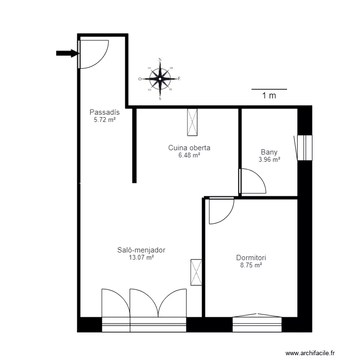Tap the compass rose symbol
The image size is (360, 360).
click(x=160, y=79)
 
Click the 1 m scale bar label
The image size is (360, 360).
click(x=269, y=96)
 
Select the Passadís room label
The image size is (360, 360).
click(x=104, y=112)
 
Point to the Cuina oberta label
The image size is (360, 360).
click(x=189, y=148)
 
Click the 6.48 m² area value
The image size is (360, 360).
click(x=189, y=155)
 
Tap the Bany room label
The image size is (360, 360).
click(x=269, y=153)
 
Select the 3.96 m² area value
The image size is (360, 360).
click(x=269, y=160)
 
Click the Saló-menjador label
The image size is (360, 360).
click(x=141, y=250)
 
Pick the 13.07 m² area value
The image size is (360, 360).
click(x=141, y=257)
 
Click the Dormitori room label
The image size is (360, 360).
click(x=251, y=257)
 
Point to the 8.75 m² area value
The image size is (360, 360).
click(x=251, y=264)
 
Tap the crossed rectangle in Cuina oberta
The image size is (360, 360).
click(x=192, y=122)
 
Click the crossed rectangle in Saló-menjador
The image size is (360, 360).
click(x=196, y=272)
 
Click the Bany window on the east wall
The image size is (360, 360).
click(x=304, y=147)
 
